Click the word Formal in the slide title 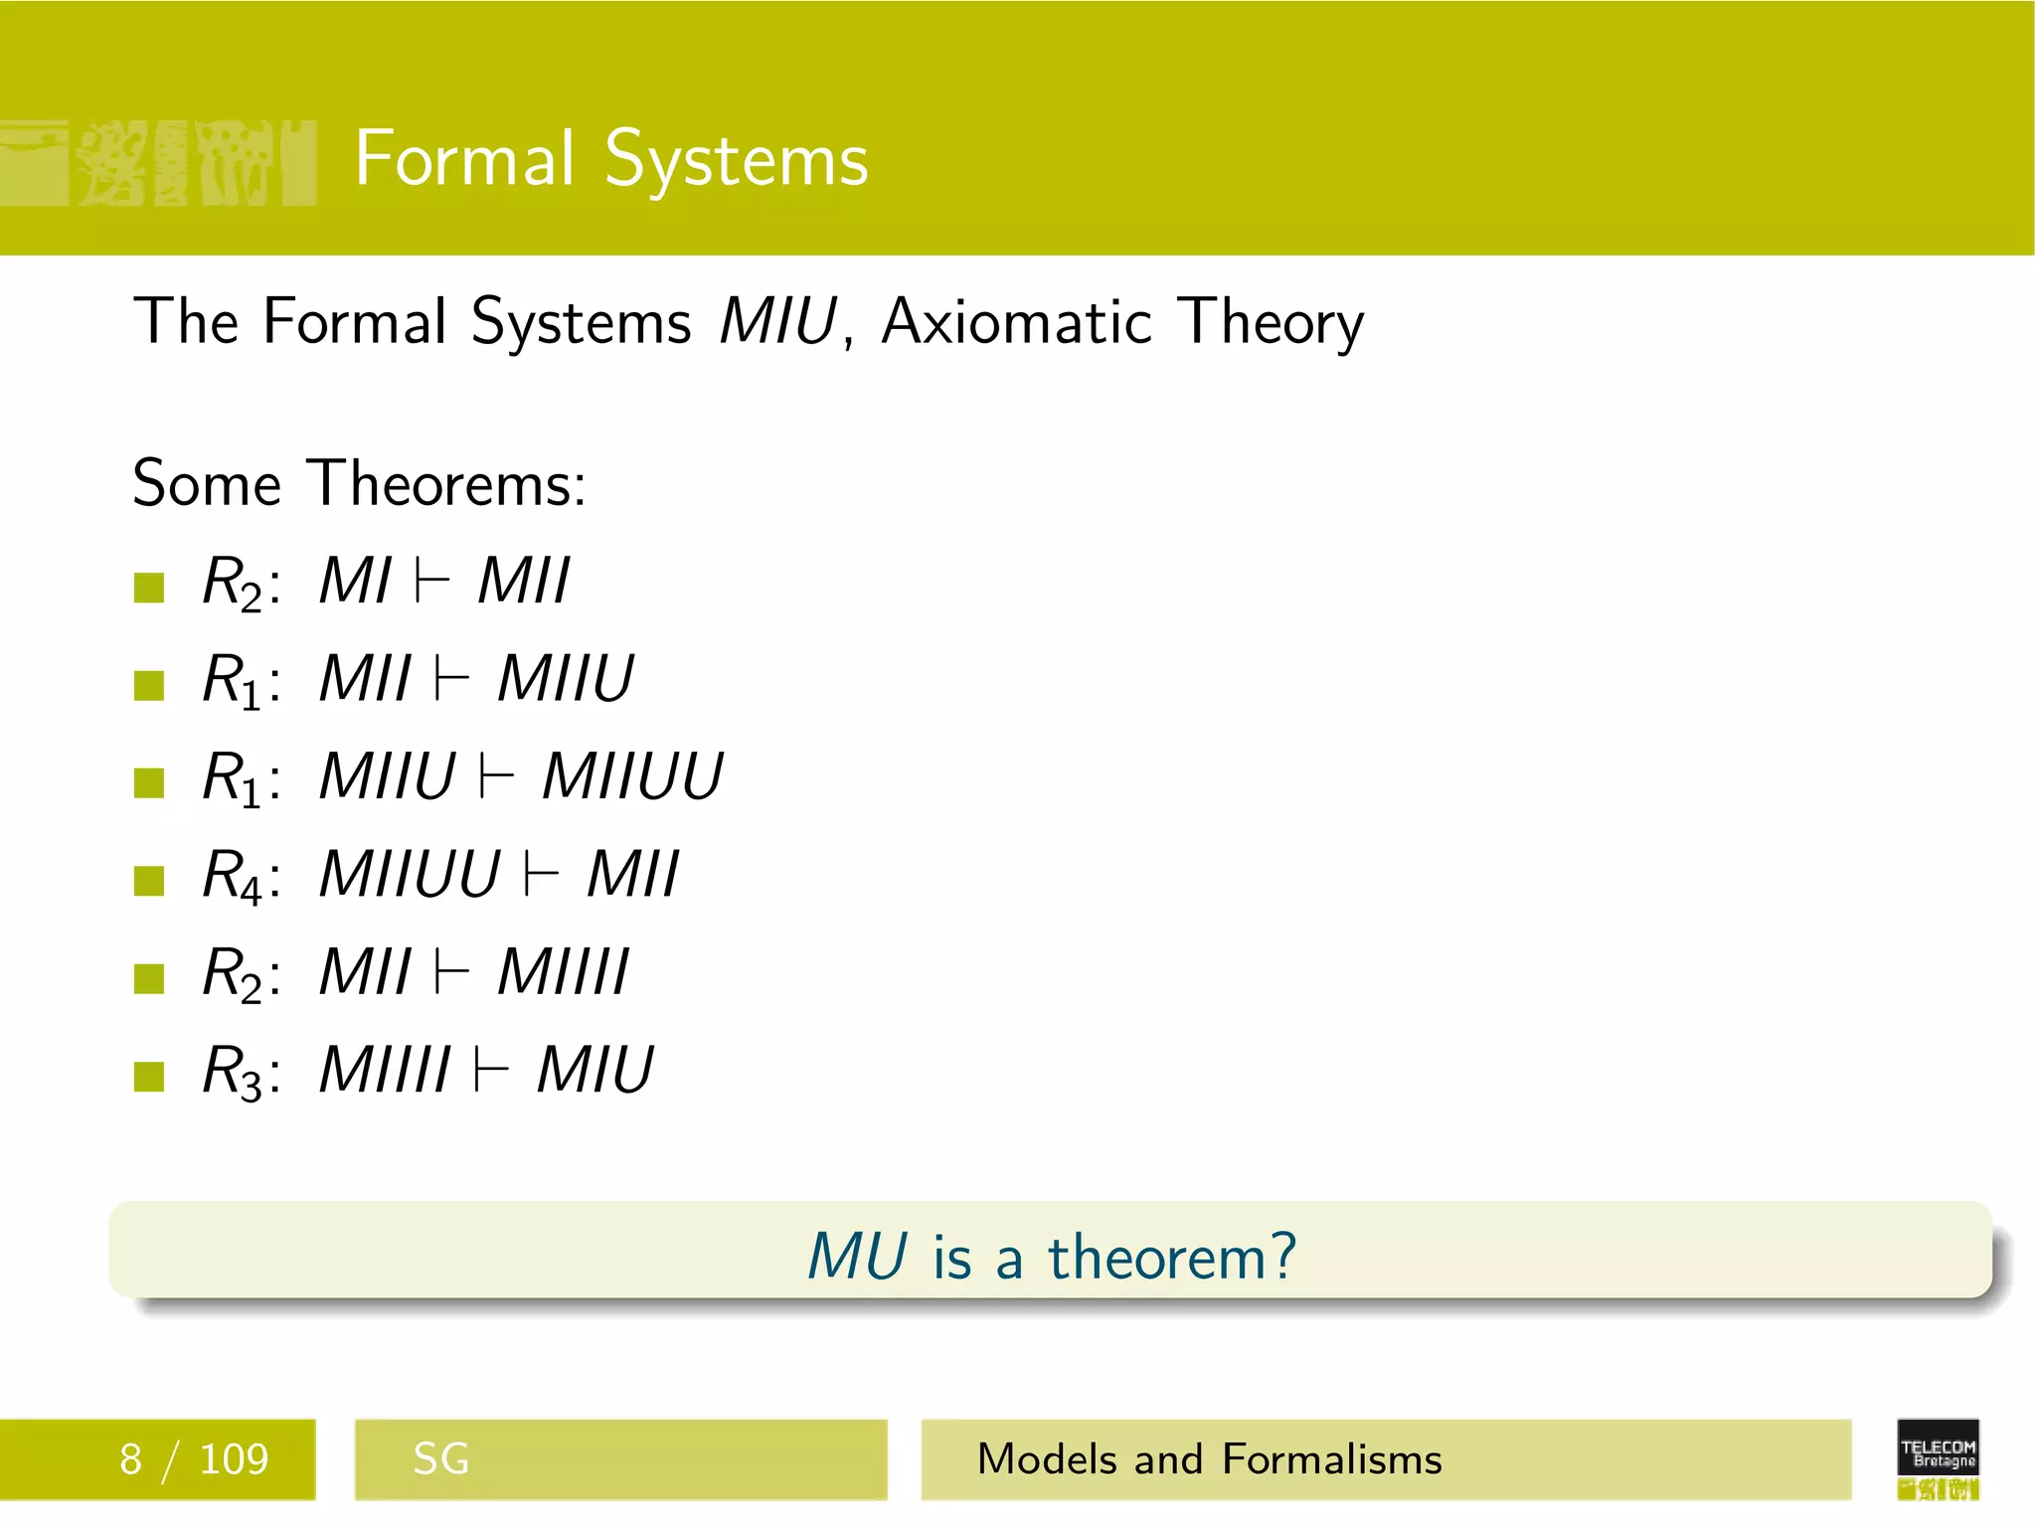(464, 159)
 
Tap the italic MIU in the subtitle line (777, 321)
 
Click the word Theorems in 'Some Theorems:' (447, 484)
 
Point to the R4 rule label (233, 875)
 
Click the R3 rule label (233, 1071)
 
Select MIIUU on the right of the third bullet (632, 776)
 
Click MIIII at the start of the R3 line (385, 1071)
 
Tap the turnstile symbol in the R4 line (542, 875)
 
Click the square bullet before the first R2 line (149, 588)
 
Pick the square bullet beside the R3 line (149, 1077)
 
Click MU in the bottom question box (857, 1256)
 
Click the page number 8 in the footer (130, 1459)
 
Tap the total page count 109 (234, 1459)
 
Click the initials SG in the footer (440, 1459)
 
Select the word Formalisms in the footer (1331, 1459)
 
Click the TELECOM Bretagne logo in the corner (1938, 1458)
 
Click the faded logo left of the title (159, 162)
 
